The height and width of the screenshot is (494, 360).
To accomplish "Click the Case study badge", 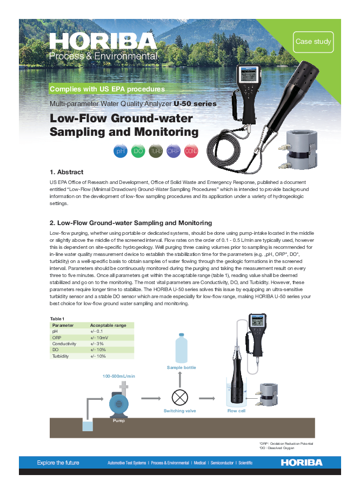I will pos(313,42).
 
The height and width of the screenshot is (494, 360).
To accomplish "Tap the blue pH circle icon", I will pos(121,152).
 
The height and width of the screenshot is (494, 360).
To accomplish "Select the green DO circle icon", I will pos(138,152).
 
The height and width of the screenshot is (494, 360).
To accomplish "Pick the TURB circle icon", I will pos(156,152).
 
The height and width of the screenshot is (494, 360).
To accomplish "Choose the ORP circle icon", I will pos(174,152).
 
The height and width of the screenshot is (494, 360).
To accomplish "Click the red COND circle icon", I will pos(191,152).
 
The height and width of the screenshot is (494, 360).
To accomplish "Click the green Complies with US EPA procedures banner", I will pos(107,89).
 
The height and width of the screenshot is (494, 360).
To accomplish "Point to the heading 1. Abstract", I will pos(66,172).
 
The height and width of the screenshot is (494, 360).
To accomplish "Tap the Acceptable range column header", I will pos(108,325).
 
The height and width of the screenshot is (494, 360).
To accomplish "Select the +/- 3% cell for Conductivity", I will pos(97,344).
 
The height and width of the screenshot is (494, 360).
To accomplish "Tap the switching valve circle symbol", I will pos(180,398).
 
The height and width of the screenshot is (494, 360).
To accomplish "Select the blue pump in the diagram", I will pos(119,403).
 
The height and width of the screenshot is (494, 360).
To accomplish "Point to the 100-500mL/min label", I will pos(119,376).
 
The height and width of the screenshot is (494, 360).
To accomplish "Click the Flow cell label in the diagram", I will pos(236,411).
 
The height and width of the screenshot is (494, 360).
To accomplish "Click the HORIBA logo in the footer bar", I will pos(301,463).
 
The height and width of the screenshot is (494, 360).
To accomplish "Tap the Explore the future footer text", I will pos(58,463).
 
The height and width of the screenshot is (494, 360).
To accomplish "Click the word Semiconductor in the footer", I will pos(222,463).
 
